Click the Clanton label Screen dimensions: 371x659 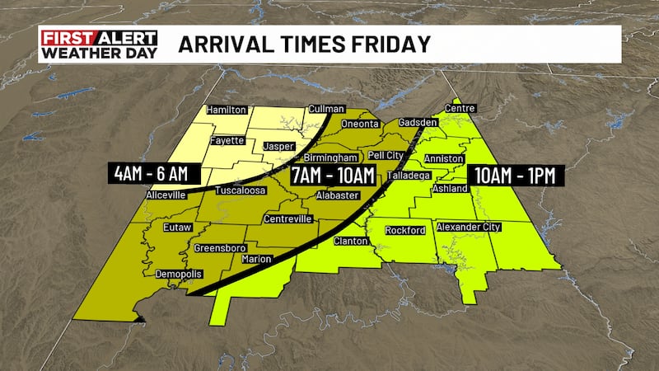[352, 242]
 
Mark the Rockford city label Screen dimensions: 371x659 [404, 230]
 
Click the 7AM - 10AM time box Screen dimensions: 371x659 [333, 175]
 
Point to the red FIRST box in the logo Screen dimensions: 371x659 [68, 38]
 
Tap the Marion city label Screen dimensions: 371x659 [256, 259]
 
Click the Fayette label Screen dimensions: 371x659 [227, 140]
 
